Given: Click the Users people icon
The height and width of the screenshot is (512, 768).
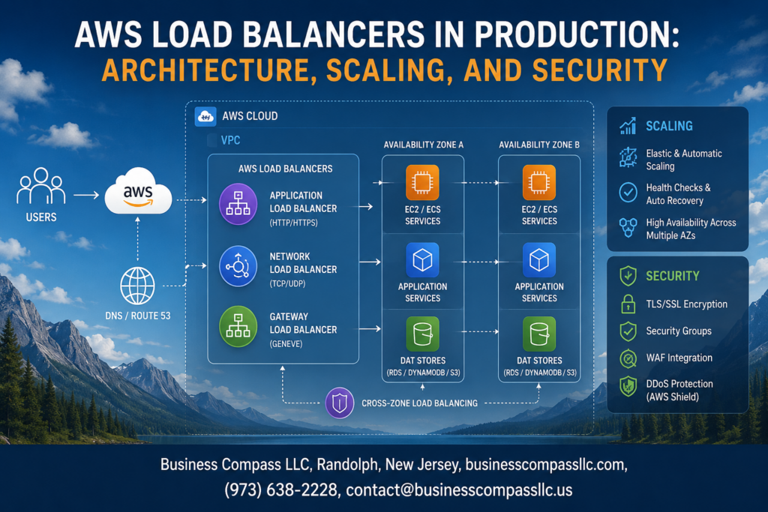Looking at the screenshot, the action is (41, 186).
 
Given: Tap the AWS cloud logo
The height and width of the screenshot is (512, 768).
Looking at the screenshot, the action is (138, 191).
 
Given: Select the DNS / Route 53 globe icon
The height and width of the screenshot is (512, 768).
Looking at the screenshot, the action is (138, 286).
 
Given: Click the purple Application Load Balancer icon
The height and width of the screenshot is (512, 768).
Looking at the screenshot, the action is (238, 204).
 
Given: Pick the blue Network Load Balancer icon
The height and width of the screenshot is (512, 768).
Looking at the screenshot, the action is (238, 266).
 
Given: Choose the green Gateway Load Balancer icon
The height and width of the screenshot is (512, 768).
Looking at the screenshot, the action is (238, 327).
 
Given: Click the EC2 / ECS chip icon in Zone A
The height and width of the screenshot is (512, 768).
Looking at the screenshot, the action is (422, 183).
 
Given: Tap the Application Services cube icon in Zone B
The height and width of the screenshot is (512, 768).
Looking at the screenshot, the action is (538, 260).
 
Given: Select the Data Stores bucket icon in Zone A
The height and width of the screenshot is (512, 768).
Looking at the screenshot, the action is (422, 334).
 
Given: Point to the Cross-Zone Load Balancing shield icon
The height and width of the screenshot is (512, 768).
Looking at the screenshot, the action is (340, 403).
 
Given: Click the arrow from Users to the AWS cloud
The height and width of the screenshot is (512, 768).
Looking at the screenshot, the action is (86, 196).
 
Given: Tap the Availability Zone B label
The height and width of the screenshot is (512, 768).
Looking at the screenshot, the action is (538, 145).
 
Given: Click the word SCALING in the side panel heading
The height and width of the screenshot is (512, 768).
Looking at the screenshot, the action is (669, 126).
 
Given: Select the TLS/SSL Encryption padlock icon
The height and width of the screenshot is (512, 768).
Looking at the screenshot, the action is (628, 304).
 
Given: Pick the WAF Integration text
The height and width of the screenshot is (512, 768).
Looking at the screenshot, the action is (679, 358).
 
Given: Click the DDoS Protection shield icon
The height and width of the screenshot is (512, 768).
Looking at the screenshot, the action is (628, 386).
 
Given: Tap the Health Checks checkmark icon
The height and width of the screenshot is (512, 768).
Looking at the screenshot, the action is (628, 193).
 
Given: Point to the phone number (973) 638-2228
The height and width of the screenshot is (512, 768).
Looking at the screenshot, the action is (281, 490).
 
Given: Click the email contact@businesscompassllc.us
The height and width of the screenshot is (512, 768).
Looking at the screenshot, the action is (459, 490).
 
